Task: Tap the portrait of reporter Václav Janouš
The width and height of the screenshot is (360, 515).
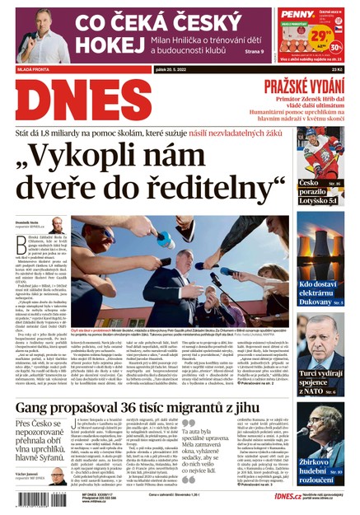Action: click(57, 478)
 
